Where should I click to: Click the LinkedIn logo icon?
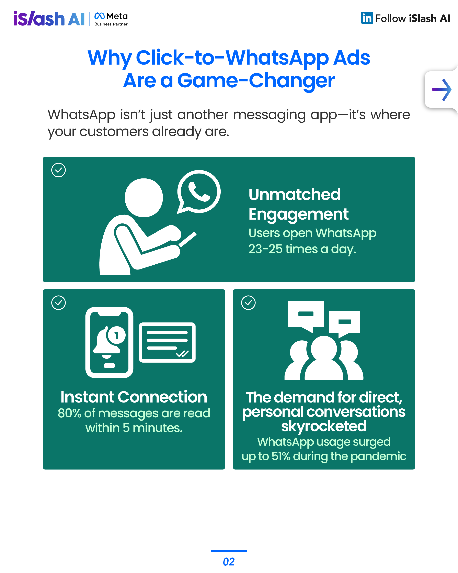pos(367,18)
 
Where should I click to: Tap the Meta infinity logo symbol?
pos(99,16)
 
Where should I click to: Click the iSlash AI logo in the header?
pos(49,18)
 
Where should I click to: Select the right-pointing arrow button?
pos(441,90)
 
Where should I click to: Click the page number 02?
pos(229,562)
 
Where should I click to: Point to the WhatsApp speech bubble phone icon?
pos(198,192)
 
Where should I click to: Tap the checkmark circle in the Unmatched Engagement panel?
pos(58,170)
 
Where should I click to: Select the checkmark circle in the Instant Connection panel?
pos(58,303)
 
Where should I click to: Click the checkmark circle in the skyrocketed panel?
pos(248,303)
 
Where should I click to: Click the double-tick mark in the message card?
pos(182,353)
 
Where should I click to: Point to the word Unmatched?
pos(294,194)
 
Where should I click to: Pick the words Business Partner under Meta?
pos(111,24)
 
